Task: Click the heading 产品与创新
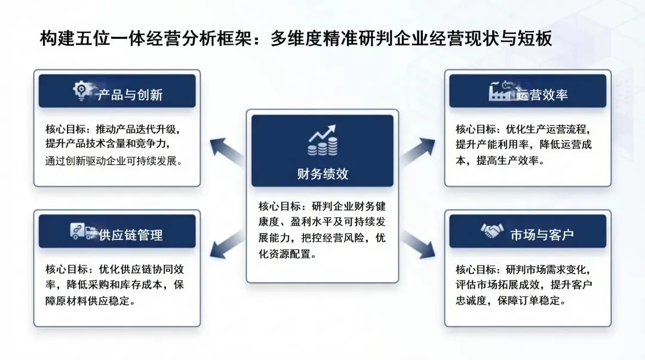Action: [130, 95]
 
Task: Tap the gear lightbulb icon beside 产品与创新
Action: [81, 91]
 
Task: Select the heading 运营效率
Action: [542, 95]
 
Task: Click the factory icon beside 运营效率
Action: [501, 91]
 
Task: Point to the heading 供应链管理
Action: [130, 235]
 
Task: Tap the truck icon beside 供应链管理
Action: [83, 231]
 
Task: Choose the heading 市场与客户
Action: [542, 235]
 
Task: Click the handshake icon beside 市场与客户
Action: [492, 231]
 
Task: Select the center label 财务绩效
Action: [322, 174]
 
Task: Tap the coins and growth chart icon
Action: [322, 140]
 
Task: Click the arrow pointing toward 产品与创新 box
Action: [227, 152]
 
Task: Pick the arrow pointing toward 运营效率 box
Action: [418, 152]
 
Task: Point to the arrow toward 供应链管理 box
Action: [227, 245]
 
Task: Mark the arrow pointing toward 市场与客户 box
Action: [418, 245]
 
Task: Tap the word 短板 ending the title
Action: [535, 39]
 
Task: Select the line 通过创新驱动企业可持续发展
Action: [113, 161]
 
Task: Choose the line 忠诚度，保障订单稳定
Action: [511, 301]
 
